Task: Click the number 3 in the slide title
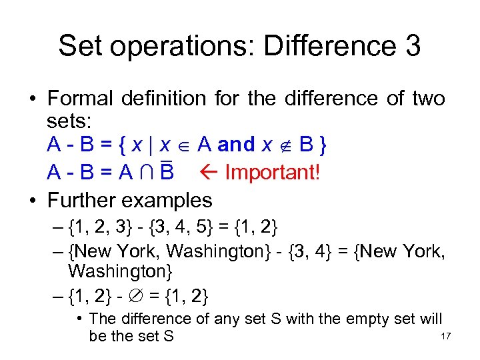pos(411,46)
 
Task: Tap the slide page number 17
pos(446,336)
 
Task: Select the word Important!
pos(273,173)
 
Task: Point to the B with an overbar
pos(167,173)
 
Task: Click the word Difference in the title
pos(325,46)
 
